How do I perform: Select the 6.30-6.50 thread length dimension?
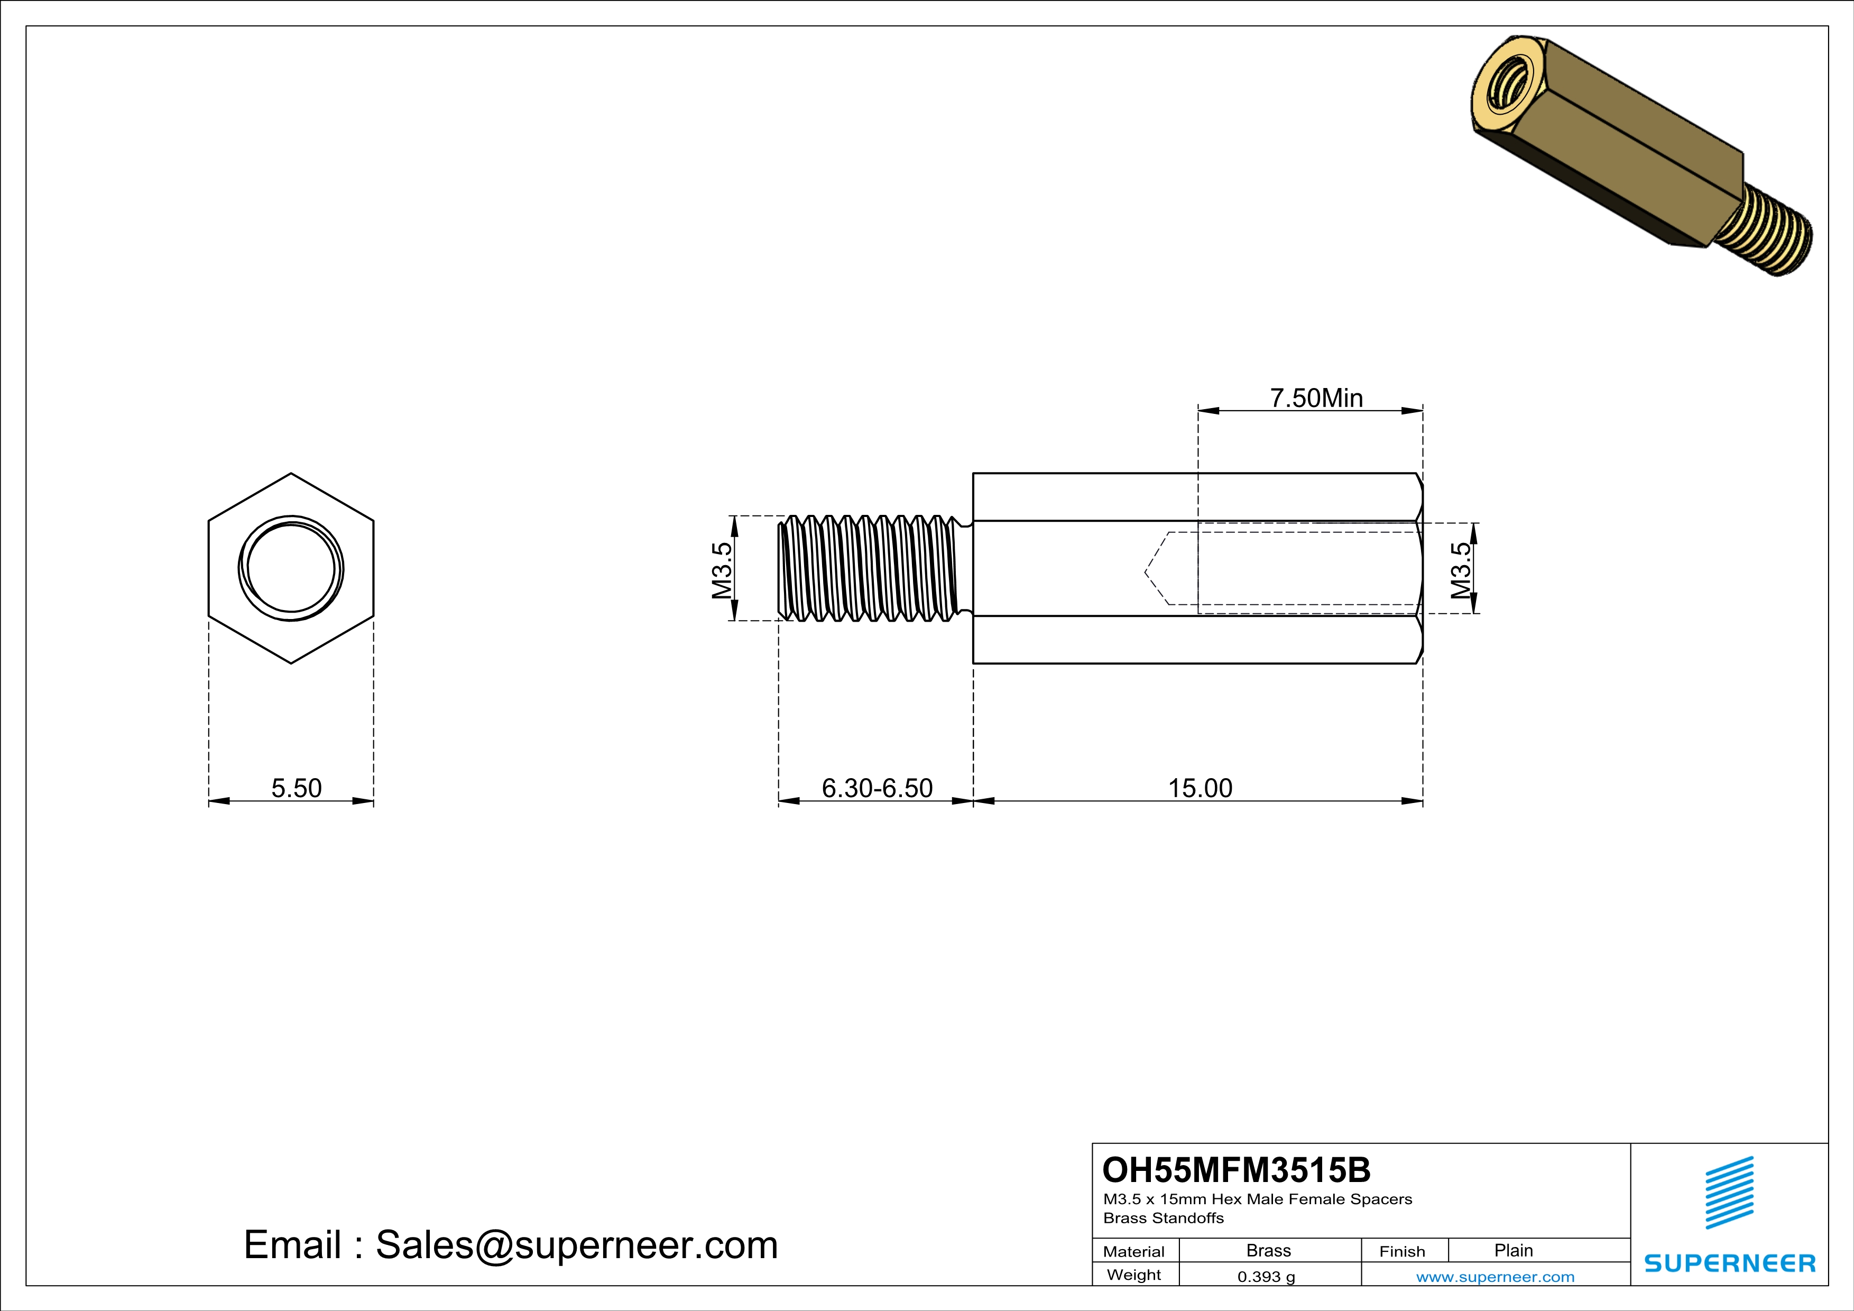pos(877,788)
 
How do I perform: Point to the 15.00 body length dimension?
pos(1200,788)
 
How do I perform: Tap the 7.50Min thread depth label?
pos(1316,398)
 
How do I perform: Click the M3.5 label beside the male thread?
pos(722,570)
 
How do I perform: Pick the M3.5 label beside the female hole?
pos(1461,570)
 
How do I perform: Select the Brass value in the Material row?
pos(1269,1250)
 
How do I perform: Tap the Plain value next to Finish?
pos(1513,1250)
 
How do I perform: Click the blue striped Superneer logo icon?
pos(1729,1193)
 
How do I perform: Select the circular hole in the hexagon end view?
pos(291,568)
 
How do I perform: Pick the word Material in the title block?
pos(1134,1251)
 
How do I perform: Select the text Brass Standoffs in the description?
pos(1163,1218)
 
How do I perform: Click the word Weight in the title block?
pos(1134,1275)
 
